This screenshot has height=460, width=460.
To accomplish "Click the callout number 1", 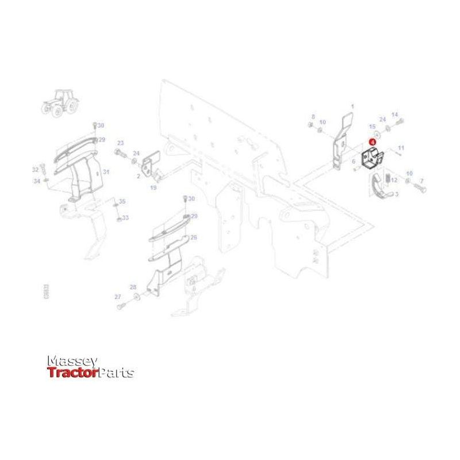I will pyautogui.click(x=352, y=106).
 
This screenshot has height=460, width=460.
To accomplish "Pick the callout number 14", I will pyautogui.click(x=394, y=114).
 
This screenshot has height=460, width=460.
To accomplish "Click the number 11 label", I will pyautogui.click(x=401, y=148).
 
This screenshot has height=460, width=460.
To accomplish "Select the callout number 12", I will pyautogui.click(x=394, y=181).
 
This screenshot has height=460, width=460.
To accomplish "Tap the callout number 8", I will pyautogui.click(x=313, y=116).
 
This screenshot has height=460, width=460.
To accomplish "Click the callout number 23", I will pyautogui.click(x=120, y=143).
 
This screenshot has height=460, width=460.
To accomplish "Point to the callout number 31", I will pyautogui.click(x=106, y=172).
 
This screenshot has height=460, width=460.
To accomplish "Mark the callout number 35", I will pyautogui.click(x=122, y=201).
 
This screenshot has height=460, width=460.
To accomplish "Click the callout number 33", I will pyautogui.click(x=125, y=218).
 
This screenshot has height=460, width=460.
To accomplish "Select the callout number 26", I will pyautogui.click(x=194, y=237).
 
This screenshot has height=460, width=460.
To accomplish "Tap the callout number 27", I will pyautogui.click(x=117, y=297).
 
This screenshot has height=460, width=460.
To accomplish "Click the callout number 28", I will pyautogui.click(x=133, y=287).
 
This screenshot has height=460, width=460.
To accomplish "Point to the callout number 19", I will pyautogui.click(x=154, y=188).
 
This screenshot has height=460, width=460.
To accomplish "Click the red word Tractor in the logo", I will pyautogui.click(x=72, y=373).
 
